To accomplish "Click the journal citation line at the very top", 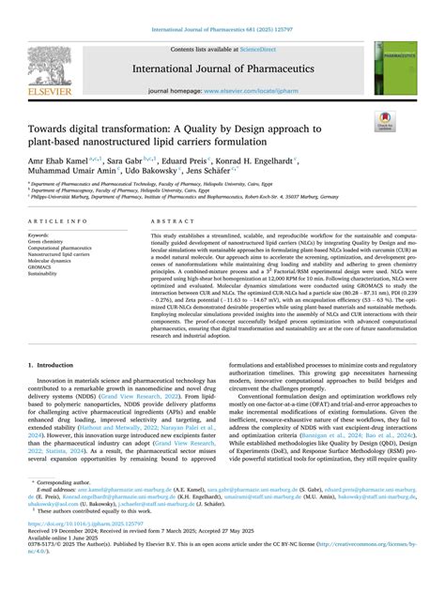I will [x=222, y=31].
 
